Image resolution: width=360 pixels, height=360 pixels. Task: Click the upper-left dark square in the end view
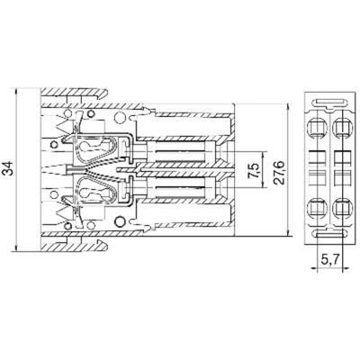319,155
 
